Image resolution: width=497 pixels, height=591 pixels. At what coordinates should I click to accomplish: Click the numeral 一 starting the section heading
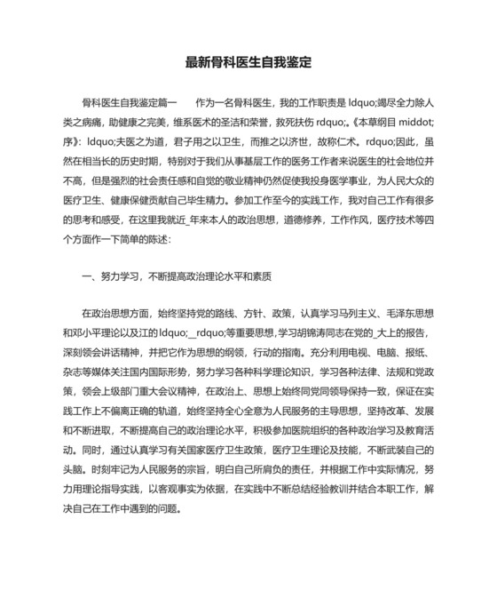click(84, 276)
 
